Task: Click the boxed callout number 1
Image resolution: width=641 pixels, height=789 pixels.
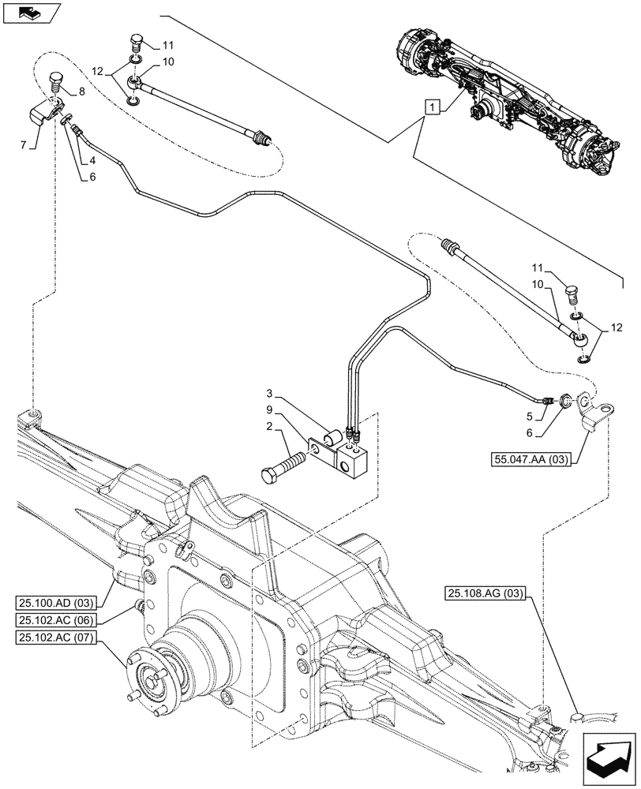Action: pos(430,106)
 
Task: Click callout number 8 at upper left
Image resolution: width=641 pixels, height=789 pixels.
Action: pos(81,92)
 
